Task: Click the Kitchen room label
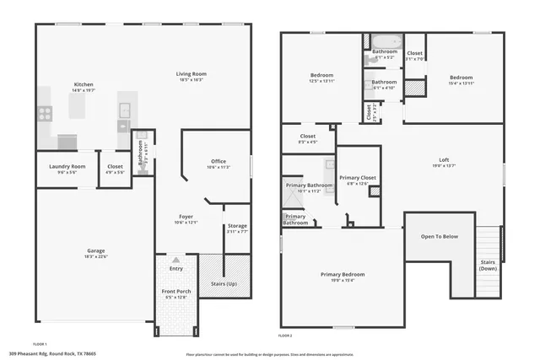click(x=83, y=84)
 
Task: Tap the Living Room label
click(x=192, y=74)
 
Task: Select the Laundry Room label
click(x=67, y=166)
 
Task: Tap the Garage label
click(x=95, y=250)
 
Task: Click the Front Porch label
click(x=175, y=292)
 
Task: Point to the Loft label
click(x=444, y=160)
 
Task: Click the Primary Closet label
click(x=358, y=178)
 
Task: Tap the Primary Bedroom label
click(x=343, y=274)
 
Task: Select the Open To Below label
click(x=439, y=236)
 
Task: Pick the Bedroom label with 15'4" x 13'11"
click(x=462, y=78)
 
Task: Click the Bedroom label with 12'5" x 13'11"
click(x=322, y=76)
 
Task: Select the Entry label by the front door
click(x=175, y=268)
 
